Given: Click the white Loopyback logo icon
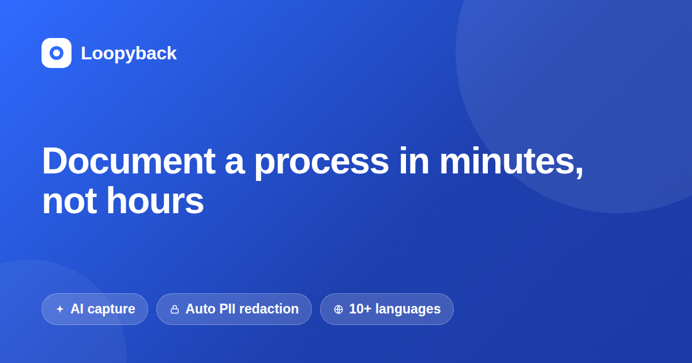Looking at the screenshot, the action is tap(57, 53).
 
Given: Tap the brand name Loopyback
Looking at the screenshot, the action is tap(129, 53).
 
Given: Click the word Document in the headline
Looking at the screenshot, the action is tap(129, 161).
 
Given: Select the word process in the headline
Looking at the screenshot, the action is tap(322, 164).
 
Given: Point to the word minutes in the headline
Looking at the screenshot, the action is tap(507, 161).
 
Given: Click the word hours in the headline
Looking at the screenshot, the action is tap(155, 201).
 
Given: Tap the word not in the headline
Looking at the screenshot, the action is tap(70, 202).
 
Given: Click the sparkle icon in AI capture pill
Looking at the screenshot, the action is tap(60, 309).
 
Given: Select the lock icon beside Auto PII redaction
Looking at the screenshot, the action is tap(175, 309).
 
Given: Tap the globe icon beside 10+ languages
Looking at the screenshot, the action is tap(339, 309).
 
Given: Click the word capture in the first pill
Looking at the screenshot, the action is tap(111, 309).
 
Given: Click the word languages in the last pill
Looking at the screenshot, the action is tap(408, 309).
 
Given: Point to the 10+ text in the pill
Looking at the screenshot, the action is tap(360, 309).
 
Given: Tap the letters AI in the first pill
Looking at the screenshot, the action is tap(77, 309).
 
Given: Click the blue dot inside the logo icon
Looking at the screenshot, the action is tap(57, 53).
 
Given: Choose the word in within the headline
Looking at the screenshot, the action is tap(414, 161).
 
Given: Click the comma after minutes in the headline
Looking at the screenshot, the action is tap(580, 173).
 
